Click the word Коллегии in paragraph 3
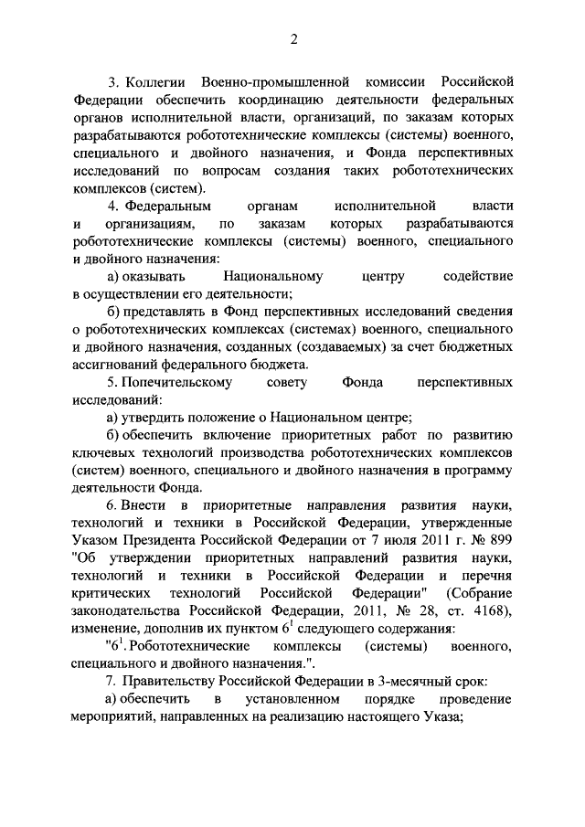(x=159, y=82)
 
